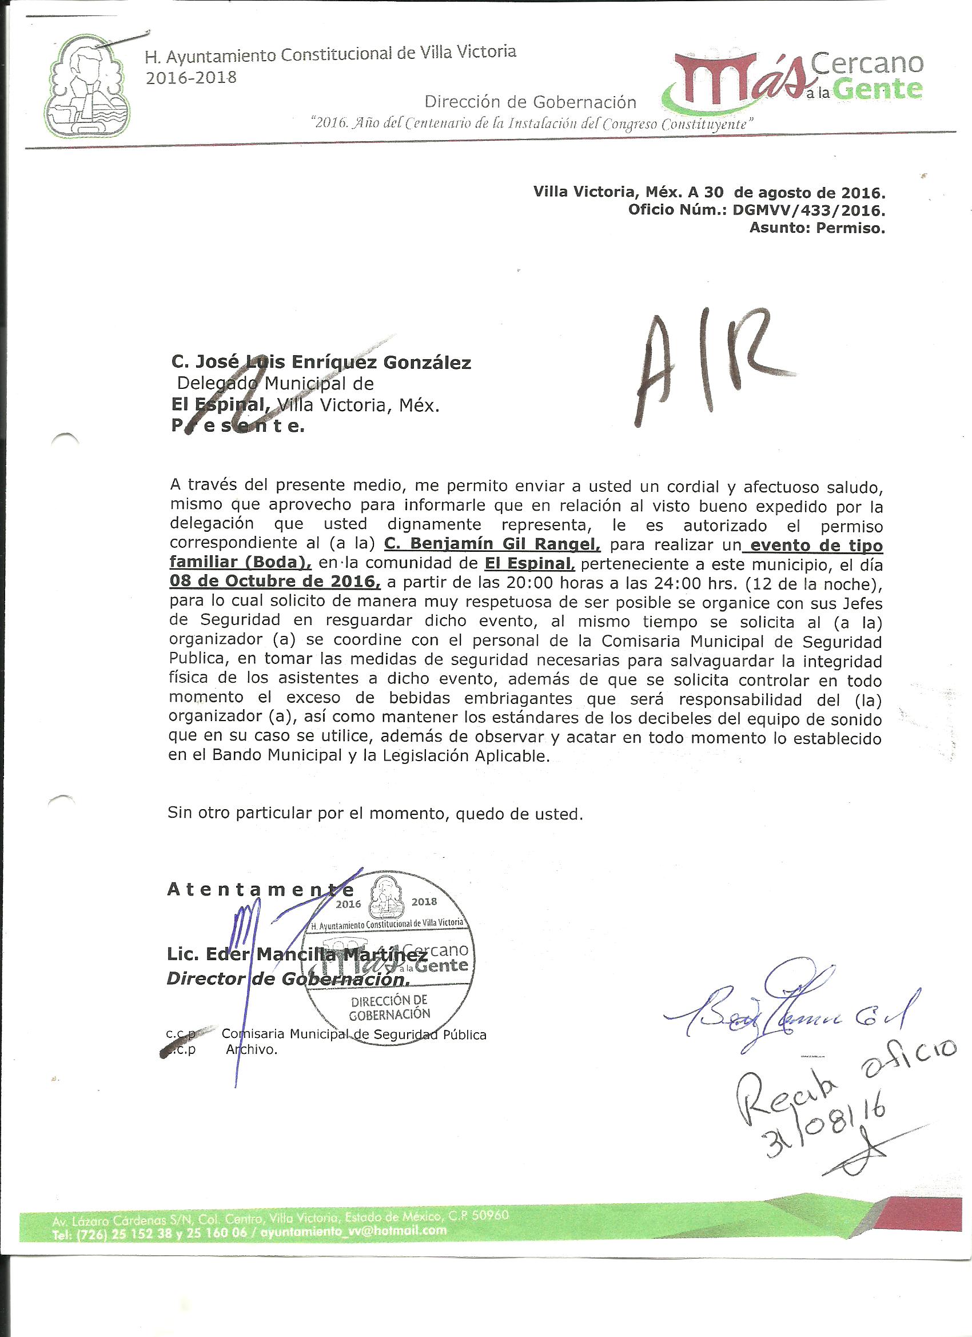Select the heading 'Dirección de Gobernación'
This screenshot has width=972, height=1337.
(x=531, y=102)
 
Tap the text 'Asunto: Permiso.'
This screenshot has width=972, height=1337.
(x=817, y=228)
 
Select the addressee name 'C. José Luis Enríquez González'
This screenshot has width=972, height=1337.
(x=321, y=363)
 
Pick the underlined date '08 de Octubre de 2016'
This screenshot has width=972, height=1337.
(x=274, y=582)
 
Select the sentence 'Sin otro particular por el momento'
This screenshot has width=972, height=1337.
(x=375, y=814)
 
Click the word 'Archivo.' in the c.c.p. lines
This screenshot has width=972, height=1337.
(x=252, y=1049)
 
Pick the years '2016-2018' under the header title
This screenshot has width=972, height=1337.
(x=190, y=78)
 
